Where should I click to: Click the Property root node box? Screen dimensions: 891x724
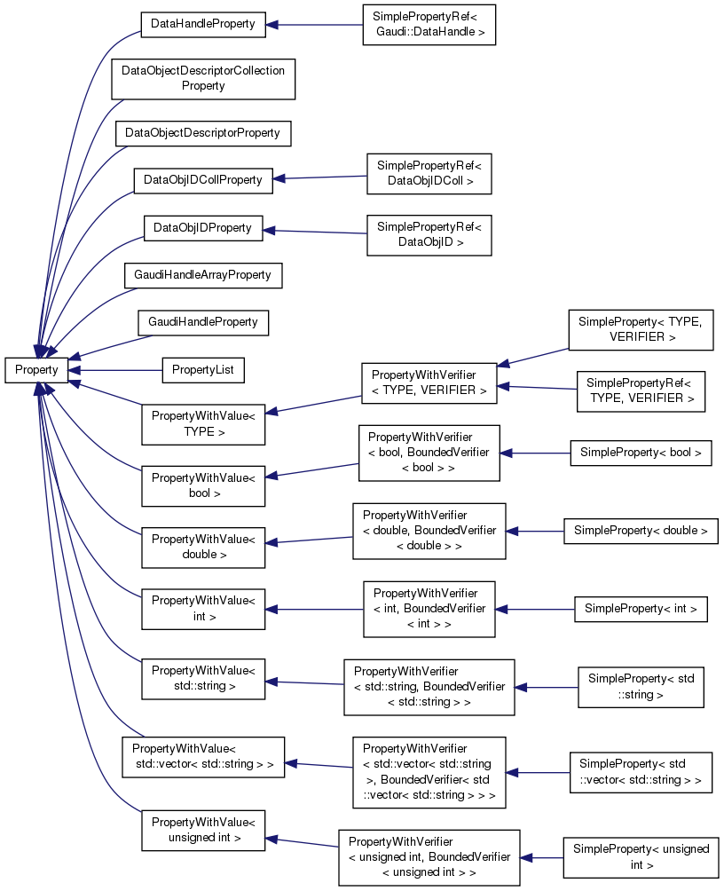(36, 370)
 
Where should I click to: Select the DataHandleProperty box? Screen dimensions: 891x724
(203, 25)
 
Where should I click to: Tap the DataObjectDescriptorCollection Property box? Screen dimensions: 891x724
(202, 79)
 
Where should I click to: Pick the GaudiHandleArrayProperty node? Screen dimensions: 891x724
(203, 275)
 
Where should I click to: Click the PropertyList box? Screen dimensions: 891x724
(203, 370)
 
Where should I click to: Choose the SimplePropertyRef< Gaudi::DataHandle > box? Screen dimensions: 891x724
(429, 25)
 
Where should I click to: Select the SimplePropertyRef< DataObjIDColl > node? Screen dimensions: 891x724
(429, 173)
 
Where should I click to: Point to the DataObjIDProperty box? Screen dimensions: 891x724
(203, 228)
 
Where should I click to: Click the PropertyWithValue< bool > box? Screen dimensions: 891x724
(203, 485)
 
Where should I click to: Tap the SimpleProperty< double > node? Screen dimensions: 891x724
(641, 531)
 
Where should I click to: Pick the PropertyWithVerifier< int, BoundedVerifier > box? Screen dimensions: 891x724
(429, 609)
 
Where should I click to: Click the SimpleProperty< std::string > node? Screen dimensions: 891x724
(641, 687)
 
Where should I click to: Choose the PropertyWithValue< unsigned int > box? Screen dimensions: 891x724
(203, 830)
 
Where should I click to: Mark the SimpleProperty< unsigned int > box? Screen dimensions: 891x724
(641, 856)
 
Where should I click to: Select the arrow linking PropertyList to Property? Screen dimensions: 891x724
(115, 370)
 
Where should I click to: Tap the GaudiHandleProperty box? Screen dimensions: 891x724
(203, 322)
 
